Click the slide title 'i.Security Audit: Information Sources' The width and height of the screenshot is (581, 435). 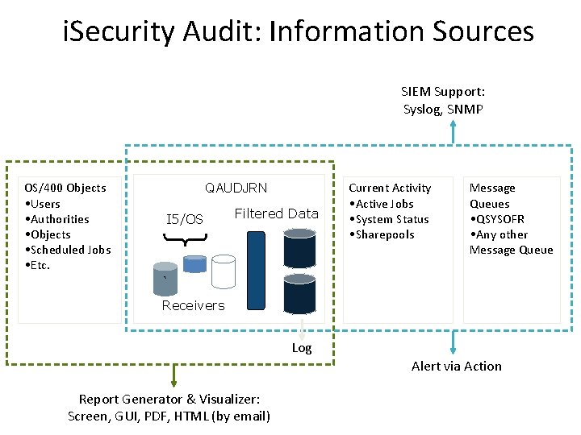coord(299,32)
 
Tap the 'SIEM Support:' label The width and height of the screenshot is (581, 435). coord(443,93)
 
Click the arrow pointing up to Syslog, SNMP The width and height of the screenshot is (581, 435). coord(454,132)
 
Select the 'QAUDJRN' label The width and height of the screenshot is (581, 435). coord(236,188)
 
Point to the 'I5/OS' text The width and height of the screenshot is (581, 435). coord(185,219)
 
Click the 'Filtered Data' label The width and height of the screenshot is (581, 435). coord(276,213)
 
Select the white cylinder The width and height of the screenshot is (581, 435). coord(224,271)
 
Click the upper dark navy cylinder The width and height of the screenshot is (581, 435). coord(299,248)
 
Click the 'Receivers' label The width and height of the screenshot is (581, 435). coord(193,305)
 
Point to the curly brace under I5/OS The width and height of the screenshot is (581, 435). coord(185,237)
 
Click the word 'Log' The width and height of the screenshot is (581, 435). coord(302,348)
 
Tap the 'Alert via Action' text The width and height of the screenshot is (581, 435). coord(456,366)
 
